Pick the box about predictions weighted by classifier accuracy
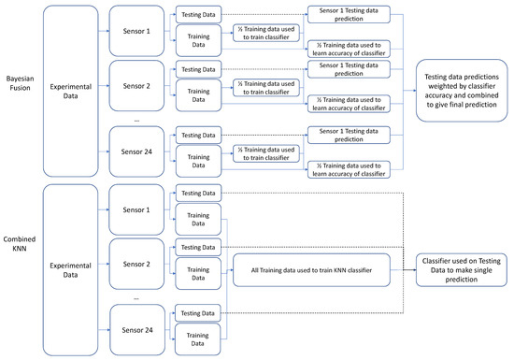(462, 90)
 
